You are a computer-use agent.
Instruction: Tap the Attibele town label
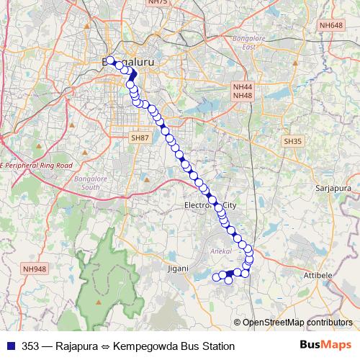coord(335,274)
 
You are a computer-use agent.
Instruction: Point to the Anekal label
coord(217,251)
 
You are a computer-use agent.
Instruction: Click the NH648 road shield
coord(332,25)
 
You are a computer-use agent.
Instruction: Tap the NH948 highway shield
coord(34,269)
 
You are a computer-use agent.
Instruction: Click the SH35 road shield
coord(293,142)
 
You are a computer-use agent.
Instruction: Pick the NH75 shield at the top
coord(157,2)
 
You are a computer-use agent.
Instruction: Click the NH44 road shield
coord(242,86)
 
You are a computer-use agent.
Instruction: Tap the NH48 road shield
coord(242,95)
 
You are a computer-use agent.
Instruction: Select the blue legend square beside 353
coord(10,346)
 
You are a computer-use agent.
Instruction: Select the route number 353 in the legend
coord(31,346)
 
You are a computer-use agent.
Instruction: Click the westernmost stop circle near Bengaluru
coord(111,60)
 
